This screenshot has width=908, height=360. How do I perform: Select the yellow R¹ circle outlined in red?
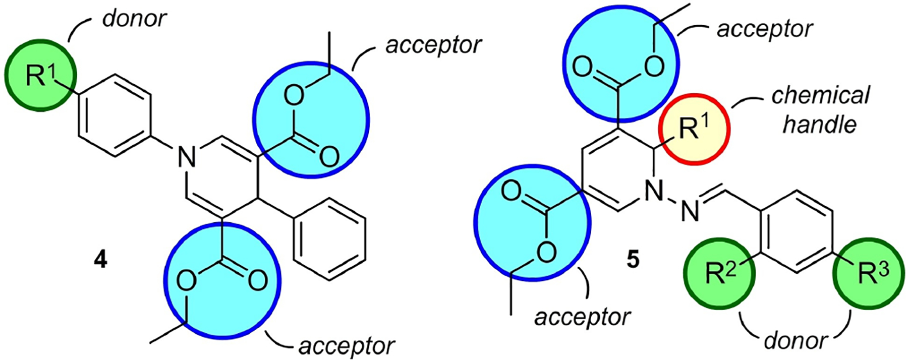(693, 129)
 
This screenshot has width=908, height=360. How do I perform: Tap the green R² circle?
(719, 275)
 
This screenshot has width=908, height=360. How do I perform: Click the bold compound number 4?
(100, 260)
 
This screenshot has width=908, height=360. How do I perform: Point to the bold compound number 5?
(633, 260)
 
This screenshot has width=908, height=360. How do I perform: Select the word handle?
(820, 124)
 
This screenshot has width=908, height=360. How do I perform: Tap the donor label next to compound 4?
(134, 19)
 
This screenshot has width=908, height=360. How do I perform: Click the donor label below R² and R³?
(796, 341)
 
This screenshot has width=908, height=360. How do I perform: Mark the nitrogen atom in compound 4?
(186, 157)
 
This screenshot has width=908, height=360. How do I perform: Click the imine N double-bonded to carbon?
(690, 212)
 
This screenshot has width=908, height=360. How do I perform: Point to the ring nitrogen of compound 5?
(654, 190)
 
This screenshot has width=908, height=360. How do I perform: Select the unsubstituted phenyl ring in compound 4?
(330, 239)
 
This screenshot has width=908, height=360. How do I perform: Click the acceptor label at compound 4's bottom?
(346, 346)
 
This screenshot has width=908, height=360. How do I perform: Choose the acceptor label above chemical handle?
(764, 29)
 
